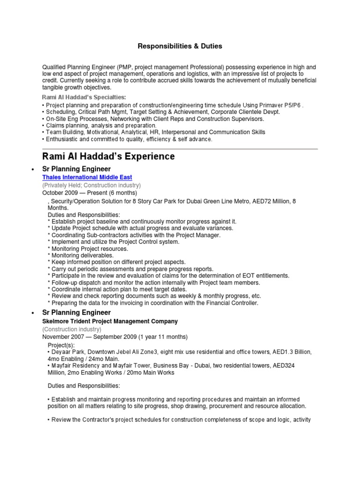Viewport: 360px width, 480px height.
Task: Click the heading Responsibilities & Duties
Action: click(x=180, y=46)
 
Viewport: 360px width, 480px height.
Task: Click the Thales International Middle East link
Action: click(x=87, y=177)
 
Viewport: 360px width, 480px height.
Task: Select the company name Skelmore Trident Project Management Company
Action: click(x=110, y=321)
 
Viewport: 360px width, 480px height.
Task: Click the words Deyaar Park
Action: click(x=67, y=352)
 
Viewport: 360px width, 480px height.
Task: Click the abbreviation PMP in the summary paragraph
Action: click(x=127, y=67)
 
